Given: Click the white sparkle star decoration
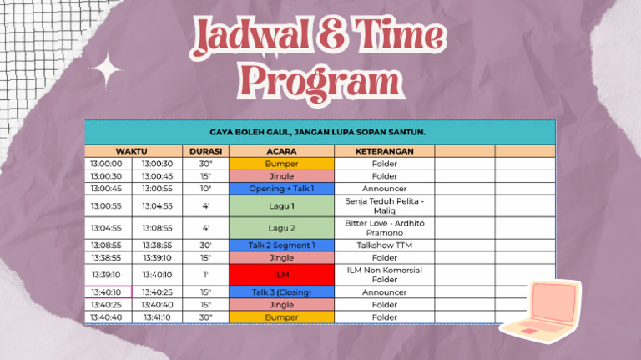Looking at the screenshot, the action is (106, 69).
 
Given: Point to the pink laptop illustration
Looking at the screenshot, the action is (541, 311).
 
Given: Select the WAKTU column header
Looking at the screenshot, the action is (131, 151).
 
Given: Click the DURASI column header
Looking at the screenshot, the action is (205, 151).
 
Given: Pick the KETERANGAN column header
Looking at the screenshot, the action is (384, 151).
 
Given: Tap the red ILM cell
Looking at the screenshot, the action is (281, 275).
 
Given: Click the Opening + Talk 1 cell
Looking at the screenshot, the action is (281, 189).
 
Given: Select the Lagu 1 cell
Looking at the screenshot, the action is (281, 205).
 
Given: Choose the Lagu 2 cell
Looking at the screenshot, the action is (281, 228).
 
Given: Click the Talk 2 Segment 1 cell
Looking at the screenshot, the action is (281, 246).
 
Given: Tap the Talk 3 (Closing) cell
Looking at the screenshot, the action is (281, 292).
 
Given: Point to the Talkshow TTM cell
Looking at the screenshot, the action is (384, 246).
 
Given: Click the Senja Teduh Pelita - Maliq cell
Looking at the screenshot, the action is (384, 205).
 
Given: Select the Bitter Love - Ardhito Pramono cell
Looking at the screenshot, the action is (384, 228).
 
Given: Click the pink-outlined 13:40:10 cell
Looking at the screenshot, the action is (109, 292).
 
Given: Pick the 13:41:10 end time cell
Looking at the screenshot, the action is (157, 317).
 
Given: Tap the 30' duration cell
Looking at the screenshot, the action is (205, 246).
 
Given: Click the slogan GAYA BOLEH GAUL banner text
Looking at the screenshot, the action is (318, 132).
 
